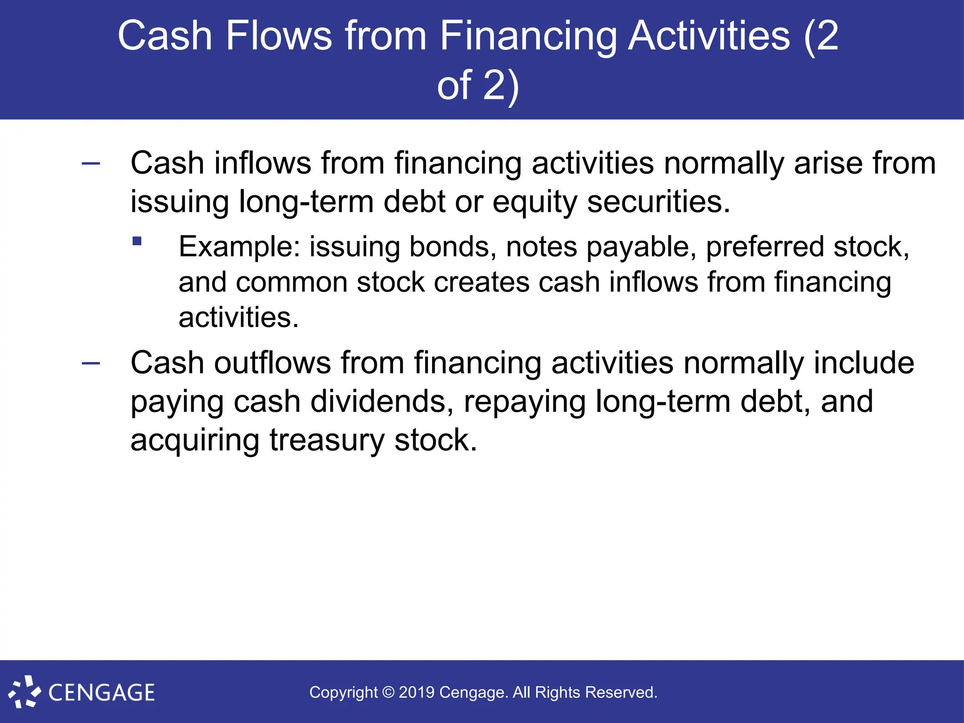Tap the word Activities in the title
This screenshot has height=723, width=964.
click(709, 37)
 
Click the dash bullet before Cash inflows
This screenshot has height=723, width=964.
click(91, 164)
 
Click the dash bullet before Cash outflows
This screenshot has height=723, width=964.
click(91, 363)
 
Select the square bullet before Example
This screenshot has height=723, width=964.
click(137, 241)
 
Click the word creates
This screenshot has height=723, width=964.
click(482, 282)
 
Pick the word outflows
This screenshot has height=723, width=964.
click(273, 363)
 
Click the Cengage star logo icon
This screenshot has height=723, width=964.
click(24, 691)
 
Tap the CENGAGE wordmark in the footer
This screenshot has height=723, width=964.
click(102, 693)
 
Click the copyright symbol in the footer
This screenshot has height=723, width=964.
click(388, 692)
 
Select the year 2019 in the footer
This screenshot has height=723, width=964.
click(417, 692)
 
